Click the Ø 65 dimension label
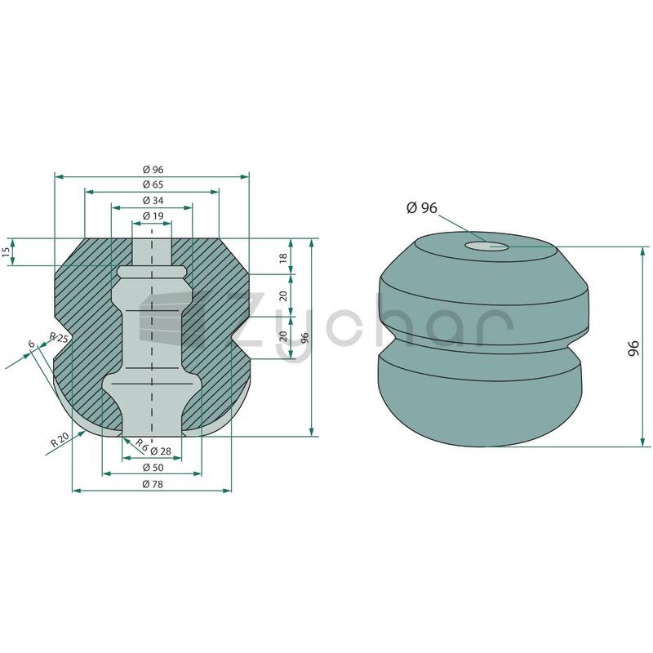coord(153,184)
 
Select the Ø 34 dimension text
coord(153,200)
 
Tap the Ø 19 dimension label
coord(153,215)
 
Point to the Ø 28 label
coord(160,451)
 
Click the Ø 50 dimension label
coord(153,467)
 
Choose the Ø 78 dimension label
coord(153,484)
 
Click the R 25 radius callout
coord(59,337)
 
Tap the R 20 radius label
coord(59,440)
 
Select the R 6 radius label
coord(141,445)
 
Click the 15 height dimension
coord(6,252)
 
